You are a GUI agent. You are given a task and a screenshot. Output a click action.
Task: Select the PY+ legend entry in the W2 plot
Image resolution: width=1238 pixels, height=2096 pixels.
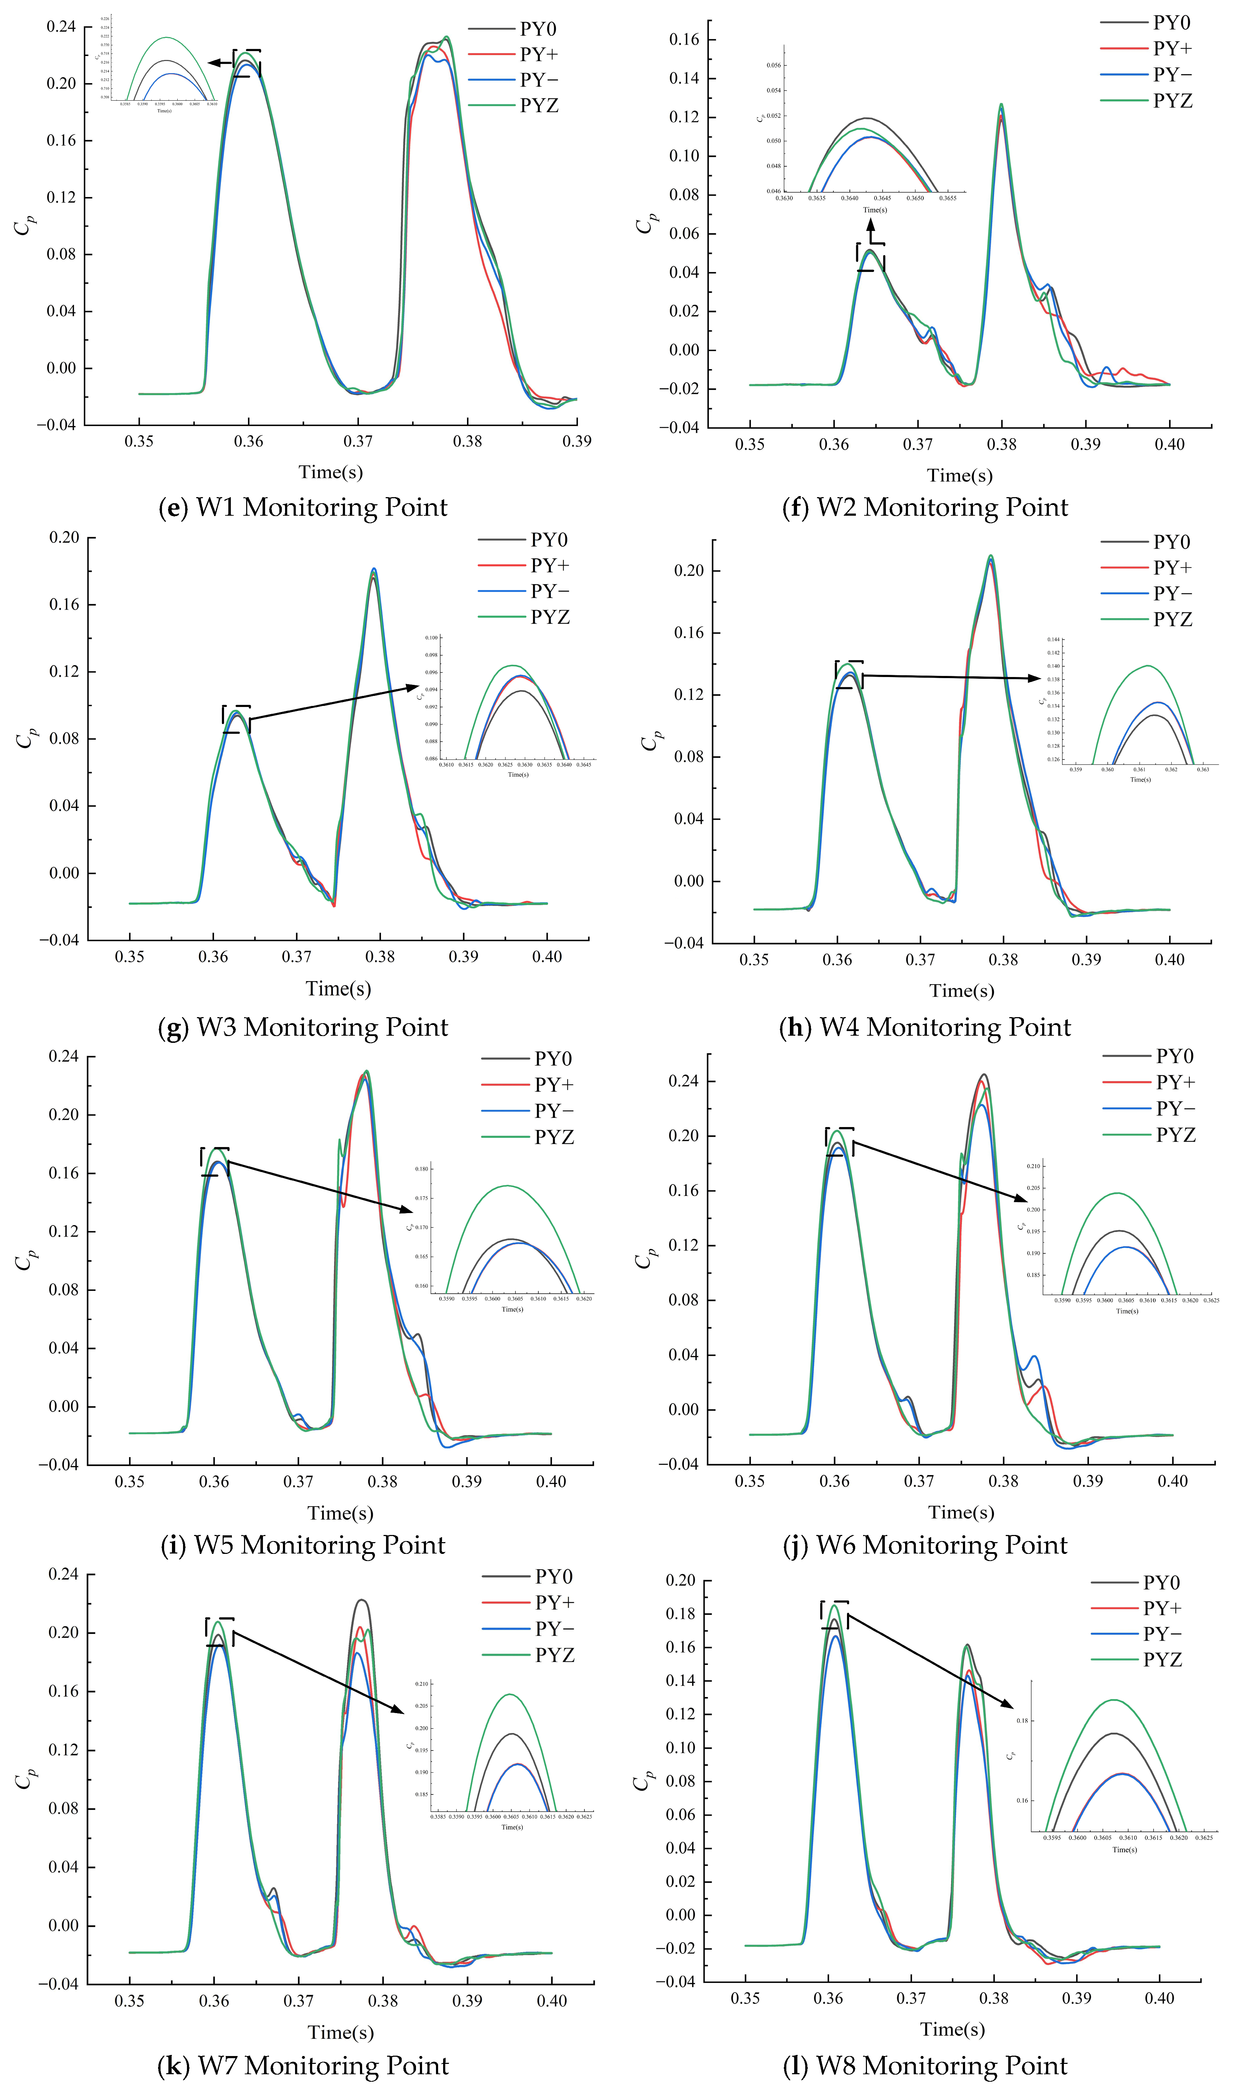click(1172, 49)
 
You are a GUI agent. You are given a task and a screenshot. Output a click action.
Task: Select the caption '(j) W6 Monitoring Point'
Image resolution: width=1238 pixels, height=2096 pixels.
click(925, 1545)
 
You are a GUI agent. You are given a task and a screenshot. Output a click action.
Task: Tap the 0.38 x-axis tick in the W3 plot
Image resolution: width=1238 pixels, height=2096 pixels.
click(380, 956)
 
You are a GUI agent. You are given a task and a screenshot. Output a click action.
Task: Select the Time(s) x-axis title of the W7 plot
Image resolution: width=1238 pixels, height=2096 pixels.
click(340, 2032)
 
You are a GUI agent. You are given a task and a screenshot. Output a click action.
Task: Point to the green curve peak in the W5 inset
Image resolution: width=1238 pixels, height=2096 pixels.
click(506, 1186)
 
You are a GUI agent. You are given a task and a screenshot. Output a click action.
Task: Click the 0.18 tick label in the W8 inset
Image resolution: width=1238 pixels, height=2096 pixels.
click(1022, 1721)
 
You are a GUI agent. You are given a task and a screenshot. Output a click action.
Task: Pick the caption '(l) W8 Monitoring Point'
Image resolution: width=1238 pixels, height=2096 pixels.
click(925, 2065)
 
